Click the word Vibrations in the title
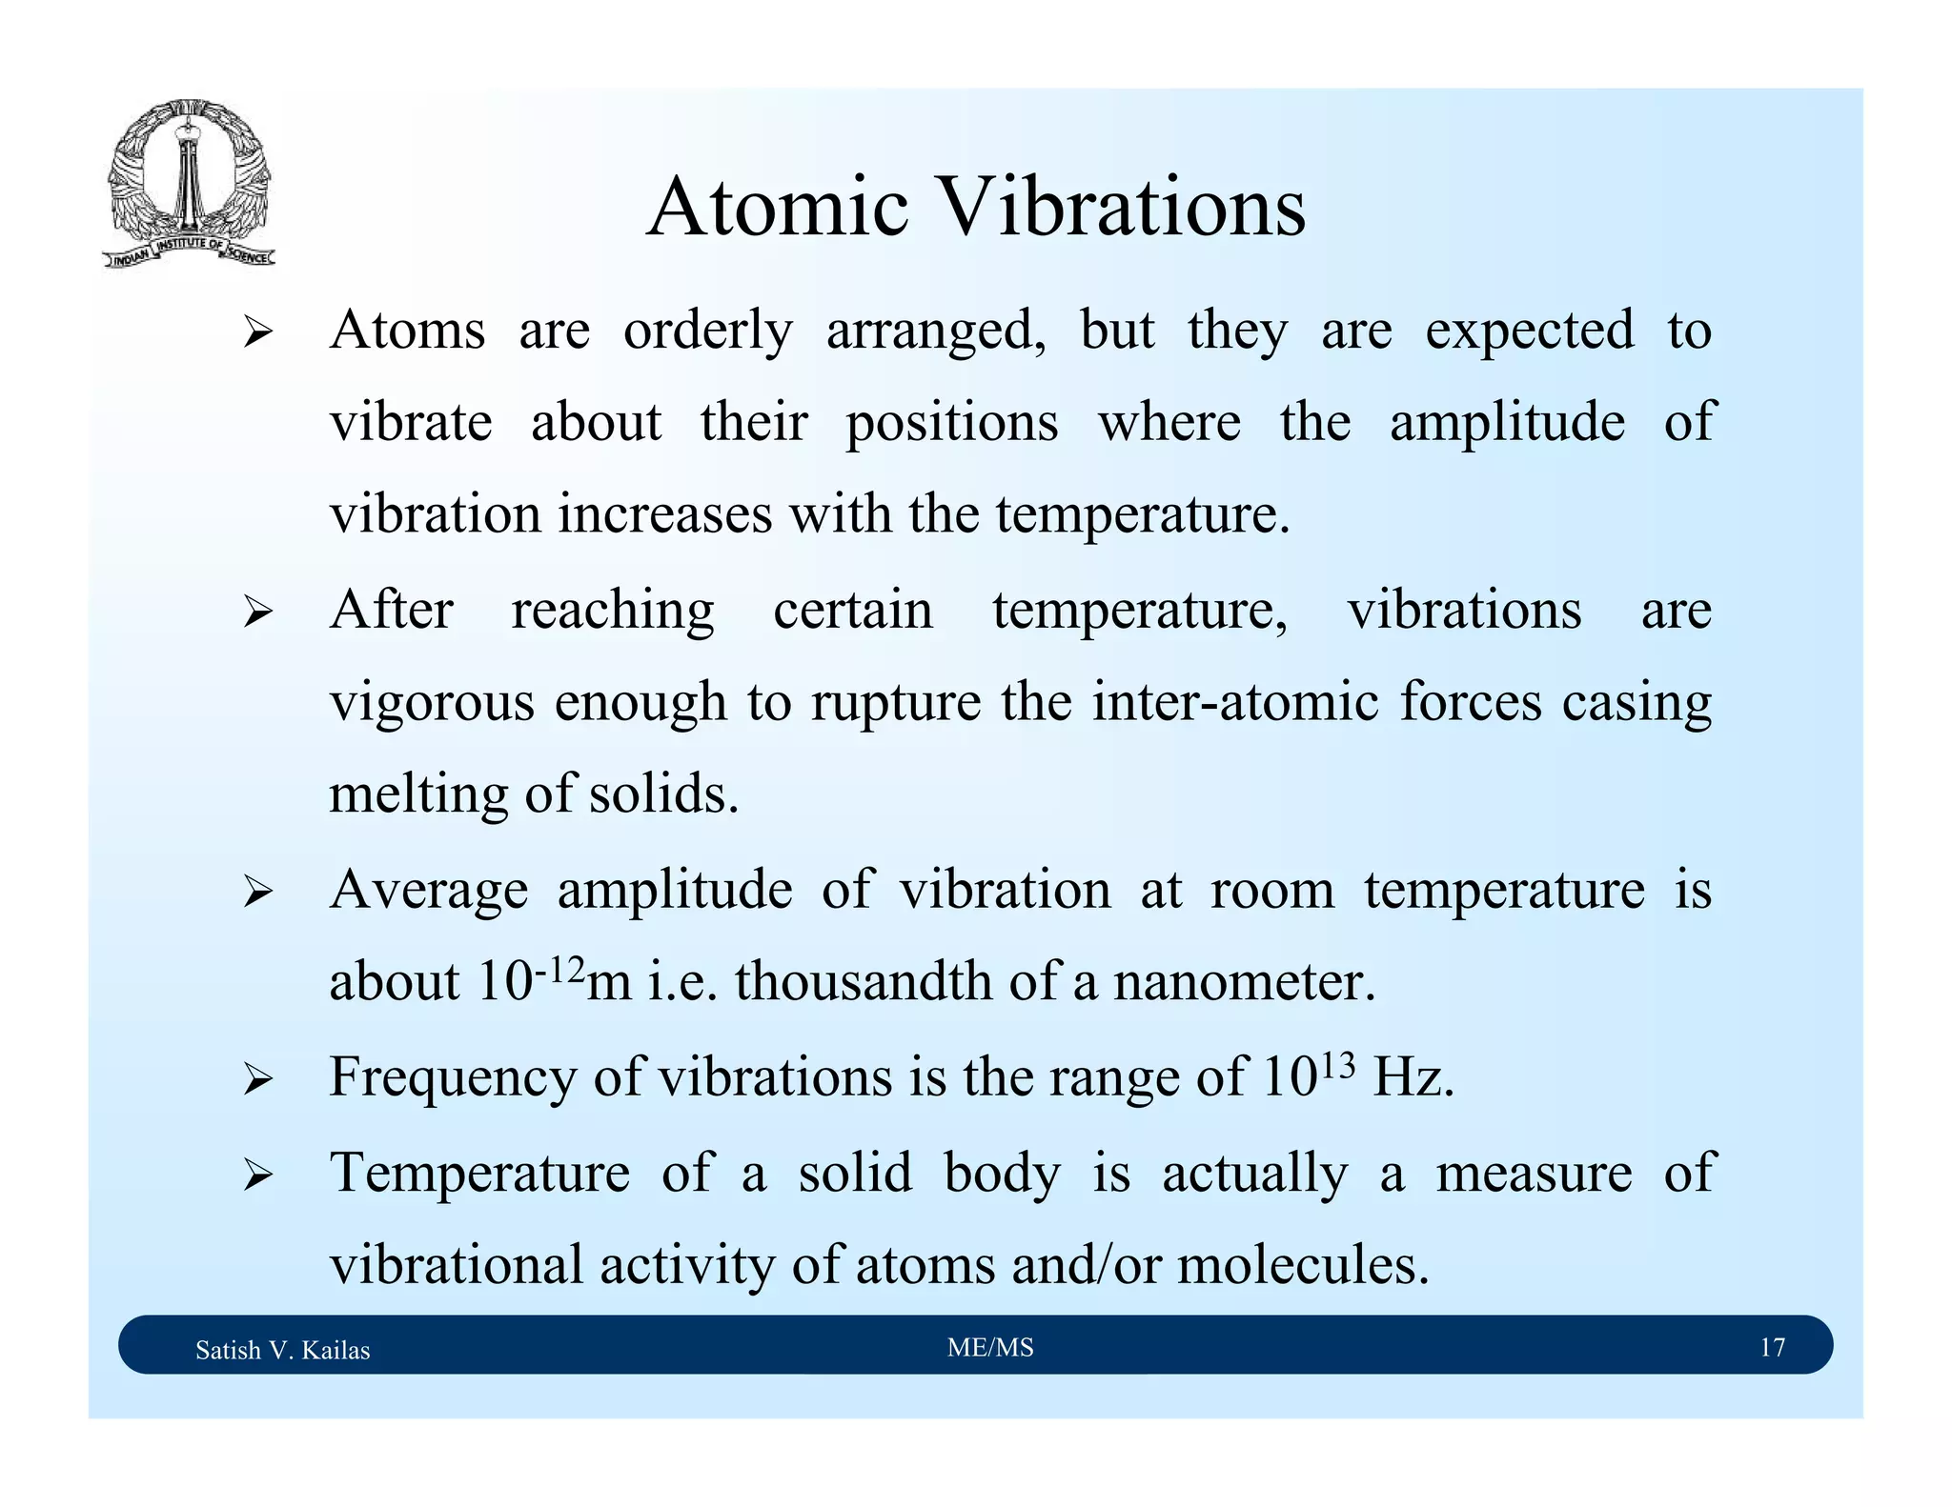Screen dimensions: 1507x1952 point(1122,207)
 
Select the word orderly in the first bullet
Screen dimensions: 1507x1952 point(707,332)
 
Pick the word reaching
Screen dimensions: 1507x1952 point(612,612)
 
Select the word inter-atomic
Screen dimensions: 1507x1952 point(1235,703)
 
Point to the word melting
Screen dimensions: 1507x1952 point(418,794)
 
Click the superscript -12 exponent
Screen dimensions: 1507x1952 point(559,971)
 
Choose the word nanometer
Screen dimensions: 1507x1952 point(1244,981)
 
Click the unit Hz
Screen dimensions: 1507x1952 point(1412,1077)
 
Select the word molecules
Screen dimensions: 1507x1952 point(1303,1265)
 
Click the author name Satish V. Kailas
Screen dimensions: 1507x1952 point(282,1350)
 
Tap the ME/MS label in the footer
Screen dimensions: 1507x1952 point(990,1347)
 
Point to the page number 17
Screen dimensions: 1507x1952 point(1772,1347)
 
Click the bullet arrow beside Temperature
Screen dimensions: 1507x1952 point(257,1175)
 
